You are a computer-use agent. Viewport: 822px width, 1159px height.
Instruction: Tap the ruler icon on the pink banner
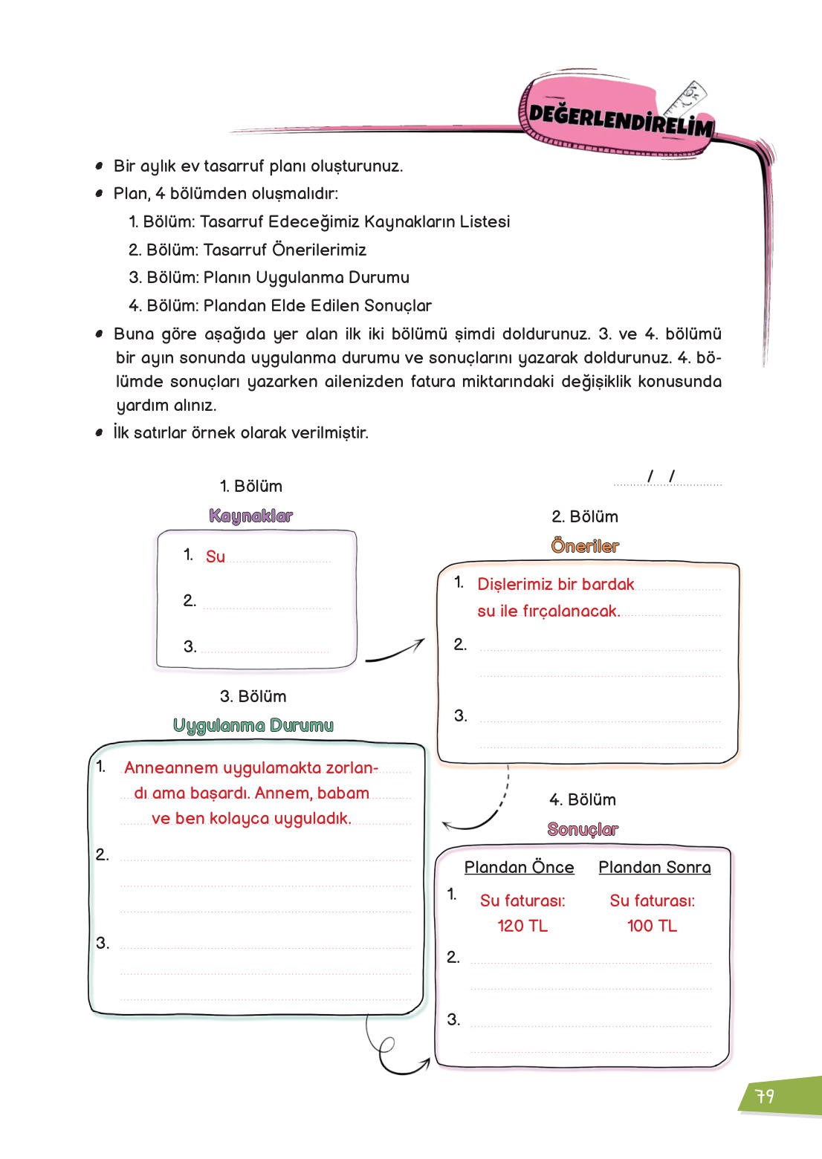(686, 100)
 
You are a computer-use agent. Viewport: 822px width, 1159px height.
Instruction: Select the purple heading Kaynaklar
(251, 516)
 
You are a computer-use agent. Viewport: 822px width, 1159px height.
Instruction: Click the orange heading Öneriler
(585, 546)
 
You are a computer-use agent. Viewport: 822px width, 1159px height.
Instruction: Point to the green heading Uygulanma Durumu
(253, 725)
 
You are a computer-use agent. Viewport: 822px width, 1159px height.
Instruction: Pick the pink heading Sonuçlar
(583, 829)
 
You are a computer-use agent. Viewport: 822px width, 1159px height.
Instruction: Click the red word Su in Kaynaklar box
(216, 556)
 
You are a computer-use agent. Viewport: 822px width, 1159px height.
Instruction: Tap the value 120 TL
(522, 926)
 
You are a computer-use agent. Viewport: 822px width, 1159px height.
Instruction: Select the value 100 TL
(652, 926)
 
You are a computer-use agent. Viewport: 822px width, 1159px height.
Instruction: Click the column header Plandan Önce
(519, 867)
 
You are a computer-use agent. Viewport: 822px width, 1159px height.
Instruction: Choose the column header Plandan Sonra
(654, 867)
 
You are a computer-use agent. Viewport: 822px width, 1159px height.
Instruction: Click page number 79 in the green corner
(765, 1097)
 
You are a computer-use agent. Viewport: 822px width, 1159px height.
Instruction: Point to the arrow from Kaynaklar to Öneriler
(395, 652)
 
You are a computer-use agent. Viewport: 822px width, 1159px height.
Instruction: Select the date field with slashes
(666, 477)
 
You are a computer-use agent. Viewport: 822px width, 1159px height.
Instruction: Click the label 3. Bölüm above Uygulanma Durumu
(253, 696)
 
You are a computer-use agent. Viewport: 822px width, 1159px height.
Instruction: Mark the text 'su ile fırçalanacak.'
(548, 611)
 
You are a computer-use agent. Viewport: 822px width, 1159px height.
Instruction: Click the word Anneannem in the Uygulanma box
(171, 767)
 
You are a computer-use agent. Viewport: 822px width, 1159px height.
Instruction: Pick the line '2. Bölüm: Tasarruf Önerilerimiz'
(247, 250)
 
